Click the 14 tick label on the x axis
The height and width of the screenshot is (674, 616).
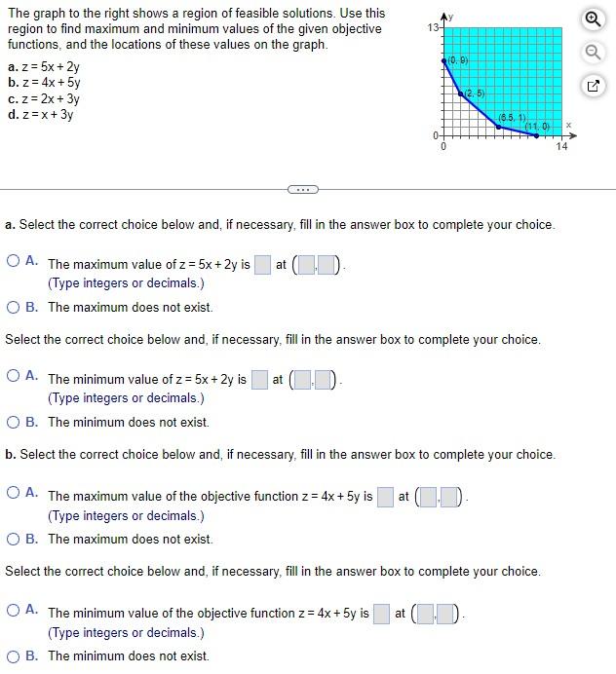coord(561,147)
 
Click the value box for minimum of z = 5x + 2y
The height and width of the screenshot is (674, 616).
coord(259,379)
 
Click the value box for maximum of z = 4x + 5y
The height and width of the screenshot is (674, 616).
coord(385,497)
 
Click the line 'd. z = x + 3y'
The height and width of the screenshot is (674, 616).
coord(41,115)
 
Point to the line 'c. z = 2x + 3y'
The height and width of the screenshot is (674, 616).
coord(44,99)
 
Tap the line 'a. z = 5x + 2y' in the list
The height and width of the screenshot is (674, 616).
coord(44,68)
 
